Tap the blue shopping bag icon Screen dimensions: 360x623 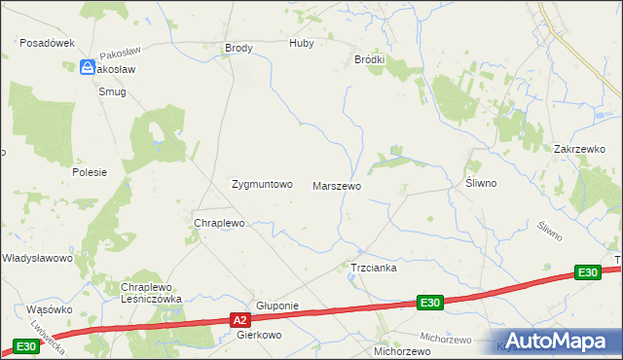[x=87, y=67]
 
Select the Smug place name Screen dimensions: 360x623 [x=112, y=91]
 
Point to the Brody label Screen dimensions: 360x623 [x=238, y=48]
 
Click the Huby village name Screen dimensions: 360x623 [x=302, y=44]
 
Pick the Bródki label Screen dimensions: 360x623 [x=369, y=59]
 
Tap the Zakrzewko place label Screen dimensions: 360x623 [x=580, y=149]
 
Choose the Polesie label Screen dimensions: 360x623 [x=89, y=171]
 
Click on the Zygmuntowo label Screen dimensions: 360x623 [x=261, y=184]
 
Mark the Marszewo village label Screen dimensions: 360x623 [x=337, y=185]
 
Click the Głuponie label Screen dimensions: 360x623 [x=276, y=306]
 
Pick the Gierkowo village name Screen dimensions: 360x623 [x=259, y=335]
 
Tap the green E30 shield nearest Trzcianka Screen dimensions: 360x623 [x=431, y=304]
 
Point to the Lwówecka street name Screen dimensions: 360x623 [x=47, y=333]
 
